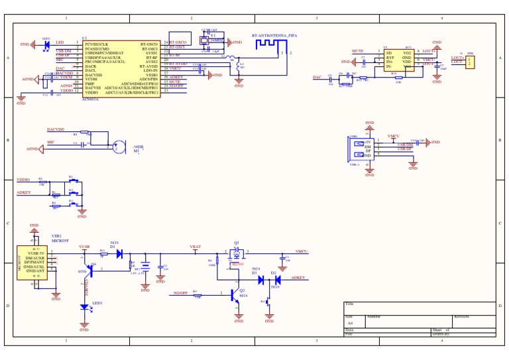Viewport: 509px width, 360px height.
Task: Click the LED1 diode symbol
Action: pyautogui.click(x=84, y=307)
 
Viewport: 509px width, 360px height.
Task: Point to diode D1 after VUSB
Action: pyautogui.click(x=119, y=253)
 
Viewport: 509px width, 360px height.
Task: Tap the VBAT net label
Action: pyautogui.click(x=196, y=247)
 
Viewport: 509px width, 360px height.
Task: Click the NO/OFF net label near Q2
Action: pyautogui.click(x=181, y=292)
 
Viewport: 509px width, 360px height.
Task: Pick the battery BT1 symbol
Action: pyautogui.click(x=145, y=267)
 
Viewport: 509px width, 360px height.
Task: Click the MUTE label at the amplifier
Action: pyautogui.click(x=357, y=51)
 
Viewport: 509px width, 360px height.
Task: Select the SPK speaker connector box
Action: pyautogui.click(x=470, y=62)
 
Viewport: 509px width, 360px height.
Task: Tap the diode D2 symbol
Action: pyautogui.click(x=278, y=280)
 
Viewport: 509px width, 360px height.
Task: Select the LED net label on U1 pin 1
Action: pyautogui.click(x=60, y=42)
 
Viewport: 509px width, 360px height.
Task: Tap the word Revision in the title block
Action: pyautogui.click(x=463, y=316)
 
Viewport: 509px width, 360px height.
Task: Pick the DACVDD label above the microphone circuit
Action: pyautogui.click(x=56, y=129)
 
